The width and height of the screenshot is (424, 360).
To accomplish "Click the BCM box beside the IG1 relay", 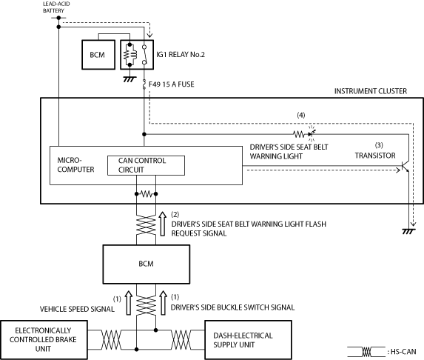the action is pyautogui.click(x=98, y=55).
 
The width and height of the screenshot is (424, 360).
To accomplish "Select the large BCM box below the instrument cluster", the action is pyautogui.click(x=147, y=264).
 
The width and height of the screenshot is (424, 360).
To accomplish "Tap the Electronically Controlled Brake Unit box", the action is pyautogui.click(x=44, y=340).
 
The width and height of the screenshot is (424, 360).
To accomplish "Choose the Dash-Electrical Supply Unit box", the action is pyautogui.click(x=248, y=340).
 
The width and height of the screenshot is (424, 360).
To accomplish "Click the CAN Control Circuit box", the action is pyautogui.click(x=146, y=165).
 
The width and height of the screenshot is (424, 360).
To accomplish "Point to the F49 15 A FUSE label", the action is pyautogui.click(x=172, y=84).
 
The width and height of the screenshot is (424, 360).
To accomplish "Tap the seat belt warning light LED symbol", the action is pyautogui.click(x=312, y=134).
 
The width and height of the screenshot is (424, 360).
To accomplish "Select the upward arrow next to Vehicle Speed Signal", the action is pyautogui.click(x=129, y=303).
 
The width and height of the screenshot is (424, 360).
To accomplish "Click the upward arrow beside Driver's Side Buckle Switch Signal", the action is pyautogui.click(x=163, y=303).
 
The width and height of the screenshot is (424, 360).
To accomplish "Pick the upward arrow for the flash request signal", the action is pyautogui.click(x=163, y=224).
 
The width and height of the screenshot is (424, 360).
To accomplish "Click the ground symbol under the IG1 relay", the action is pyautogui.click(x=129, y=79).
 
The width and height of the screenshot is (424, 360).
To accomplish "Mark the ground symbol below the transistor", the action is pyautogui.click(x=408, y=231).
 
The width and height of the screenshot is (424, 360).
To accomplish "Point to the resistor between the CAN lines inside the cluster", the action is pyautogui.click(x=147, y=194).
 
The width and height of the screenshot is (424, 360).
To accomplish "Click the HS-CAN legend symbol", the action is pyautogui.click(x=366, y=352).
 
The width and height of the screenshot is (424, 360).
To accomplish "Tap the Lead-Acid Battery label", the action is pyautogui.click(x=56, y=7).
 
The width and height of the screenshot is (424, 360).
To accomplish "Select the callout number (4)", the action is pyautogui.click(x=301, y=115).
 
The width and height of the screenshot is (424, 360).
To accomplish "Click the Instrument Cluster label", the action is pyautogui.click(x=371, y=91).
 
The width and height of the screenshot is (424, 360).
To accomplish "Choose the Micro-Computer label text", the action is pyautogui.click(x=75, y=165).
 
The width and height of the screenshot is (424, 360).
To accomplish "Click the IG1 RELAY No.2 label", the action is pyautogui.click(x=181, y=55).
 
